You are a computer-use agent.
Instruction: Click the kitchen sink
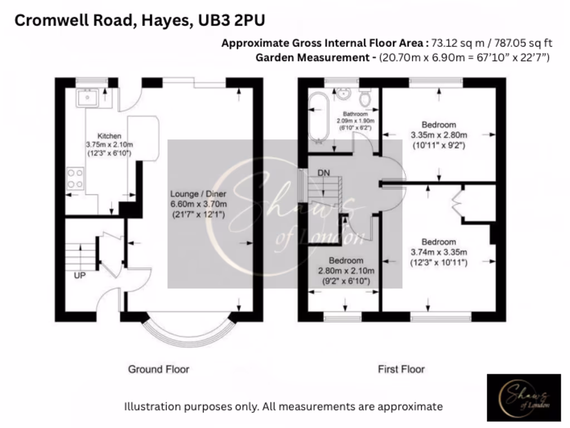tap(89, 98)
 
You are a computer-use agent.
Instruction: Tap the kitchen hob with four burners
tap(75, 178)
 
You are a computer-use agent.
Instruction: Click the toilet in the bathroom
tap(365, 99)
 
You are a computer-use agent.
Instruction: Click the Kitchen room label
tap(110, 136)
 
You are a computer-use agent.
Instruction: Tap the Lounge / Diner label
tap(198, 194)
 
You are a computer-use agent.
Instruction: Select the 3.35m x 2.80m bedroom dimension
tap(439, 135)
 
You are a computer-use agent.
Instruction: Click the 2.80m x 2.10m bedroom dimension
tap(346, 271)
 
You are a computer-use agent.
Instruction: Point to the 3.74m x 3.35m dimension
tap(439, 252)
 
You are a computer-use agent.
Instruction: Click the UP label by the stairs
tap(80, 275)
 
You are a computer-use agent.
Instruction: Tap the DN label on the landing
tap(323, 173)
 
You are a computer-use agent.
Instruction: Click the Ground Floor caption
tap(159, 369)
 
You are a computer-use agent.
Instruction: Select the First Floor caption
tap(401, 369)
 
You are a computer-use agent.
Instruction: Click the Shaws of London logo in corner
tap(524, 397)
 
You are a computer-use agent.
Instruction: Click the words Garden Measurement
tap(315, 57)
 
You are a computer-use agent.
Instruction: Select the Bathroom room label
tap(355, 114)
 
